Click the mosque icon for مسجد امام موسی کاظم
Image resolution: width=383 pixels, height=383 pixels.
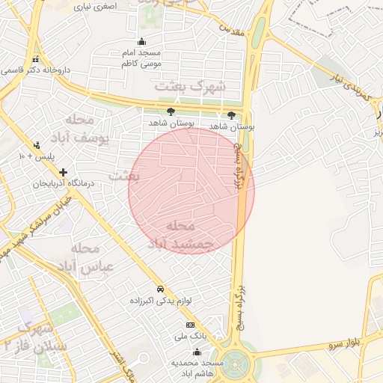[x=141, y=42]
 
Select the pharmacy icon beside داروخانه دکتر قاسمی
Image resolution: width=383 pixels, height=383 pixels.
[x=34, y=59]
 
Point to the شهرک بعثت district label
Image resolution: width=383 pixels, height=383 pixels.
[x=190, y=87]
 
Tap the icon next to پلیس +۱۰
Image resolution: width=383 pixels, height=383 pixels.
[x=37, y=146]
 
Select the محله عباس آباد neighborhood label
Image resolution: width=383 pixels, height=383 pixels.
[x=91, y=257]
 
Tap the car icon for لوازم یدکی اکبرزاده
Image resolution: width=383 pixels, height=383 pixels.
[x=160, y=289]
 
